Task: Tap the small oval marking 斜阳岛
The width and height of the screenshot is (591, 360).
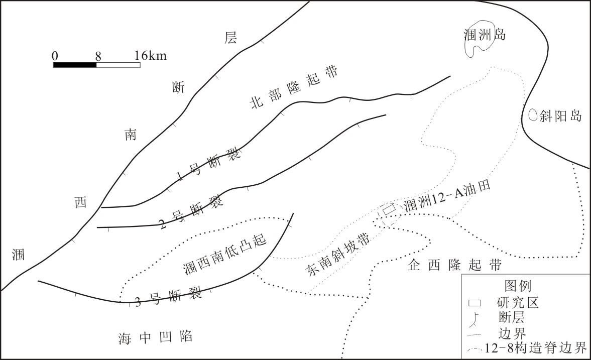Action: point(533,115)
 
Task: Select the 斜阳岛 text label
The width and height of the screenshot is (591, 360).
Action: point(560,116)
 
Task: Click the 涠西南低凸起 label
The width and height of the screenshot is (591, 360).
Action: point(224,254)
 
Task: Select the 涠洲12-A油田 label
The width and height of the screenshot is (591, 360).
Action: point(446,196)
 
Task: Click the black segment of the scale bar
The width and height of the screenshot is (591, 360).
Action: point(75,65)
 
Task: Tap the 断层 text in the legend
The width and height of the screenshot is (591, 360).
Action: point(512,317)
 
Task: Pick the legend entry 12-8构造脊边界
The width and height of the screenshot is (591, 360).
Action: point(537,348)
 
